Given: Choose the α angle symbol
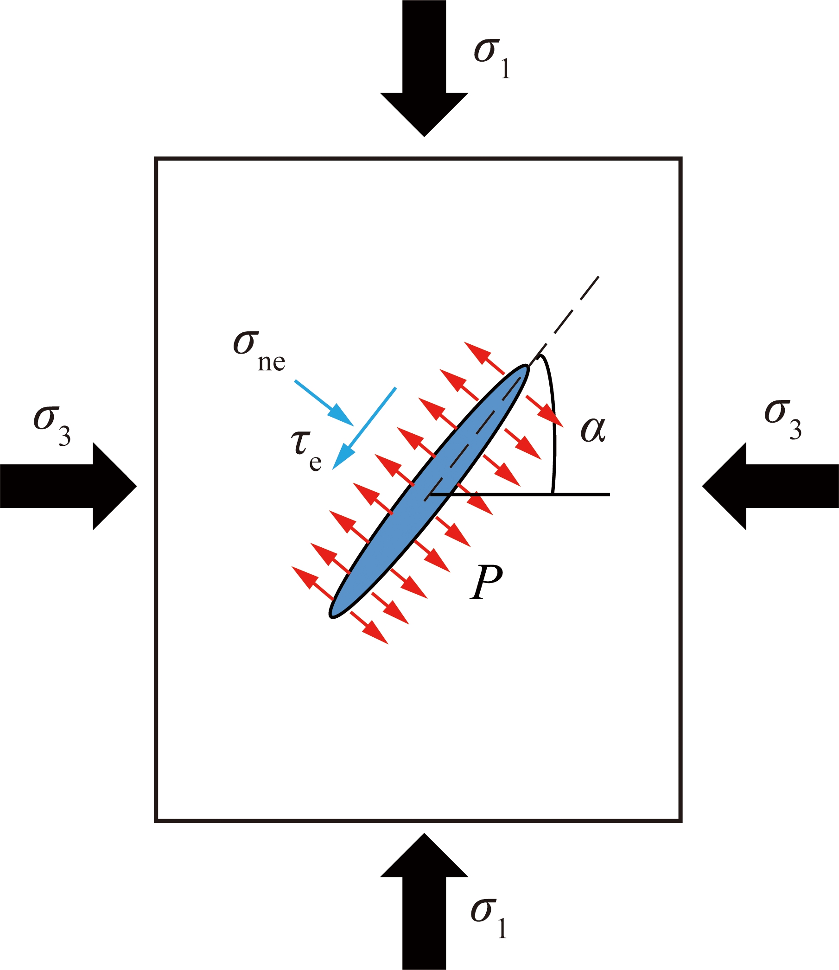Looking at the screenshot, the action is click(x=593, y=429).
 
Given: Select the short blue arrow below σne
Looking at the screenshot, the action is click(x=324, y=403).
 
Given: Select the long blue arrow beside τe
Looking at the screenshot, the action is click(x=364, y=428).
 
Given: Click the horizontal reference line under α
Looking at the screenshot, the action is click(x=520, y=495).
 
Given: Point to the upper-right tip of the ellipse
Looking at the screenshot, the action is click(x=528, y=367).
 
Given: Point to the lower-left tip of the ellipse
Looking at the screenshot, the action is click(x=331, y=616).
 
